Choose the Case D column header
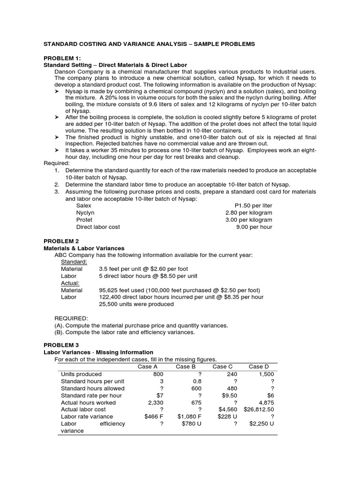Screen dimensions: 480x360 pos(259,367)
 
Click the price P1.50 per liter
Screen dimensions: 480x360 pos(253,206)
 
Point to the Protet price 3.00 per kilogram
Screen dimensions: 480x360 pos(249,220)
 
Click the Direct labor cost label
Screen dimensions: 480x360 pos(98,227)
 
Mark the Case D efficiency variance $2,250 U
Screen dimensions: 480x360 pos(262,424)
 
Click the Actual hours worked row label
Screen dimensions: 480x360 pos(88,402)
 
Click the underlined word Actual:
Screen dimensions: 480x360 pos(70,283)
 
